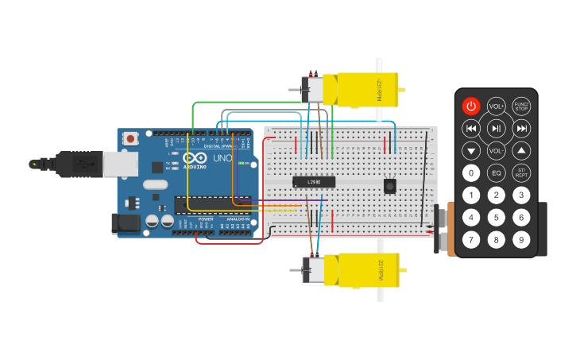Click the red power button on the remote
471,106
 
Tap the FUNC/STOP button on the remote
521,106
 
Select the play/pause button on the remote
497,128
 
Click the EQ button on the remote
497,173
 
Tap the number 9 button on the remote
521,239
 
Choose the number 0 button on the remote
471,173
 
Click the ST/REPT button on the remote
521,173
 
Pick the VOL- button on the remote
497,150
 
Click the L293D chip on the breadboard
313,181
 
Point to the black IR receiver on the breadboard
390,185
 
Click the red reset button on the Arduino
130,138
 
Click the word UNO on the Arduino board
223,158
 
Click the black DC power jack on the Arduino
126,223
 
